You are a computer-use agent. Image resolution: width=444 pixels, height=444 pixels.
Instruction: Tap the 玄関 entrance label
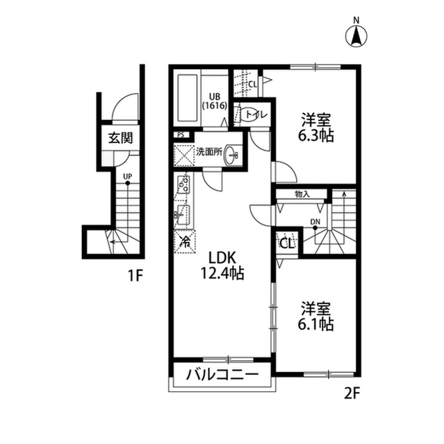[x=120, y=138]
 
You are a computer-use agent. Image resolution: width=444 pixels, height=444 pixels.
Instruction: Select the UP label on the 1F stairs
[x=128, y=177]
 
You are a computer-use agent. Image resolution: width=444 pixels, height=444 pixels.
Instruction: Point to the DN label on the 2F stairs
[x=315, y=222]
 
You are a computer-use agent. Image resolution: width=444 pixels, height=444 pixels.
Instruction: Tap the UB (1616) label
[x=214, y=101]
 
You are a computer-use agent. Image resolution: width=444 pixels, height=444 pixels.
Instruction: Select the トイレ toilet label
[x=256, y=114]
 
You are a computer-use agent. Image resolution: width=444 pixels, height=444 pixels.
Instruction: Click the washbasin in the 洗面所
[x=231, y=155]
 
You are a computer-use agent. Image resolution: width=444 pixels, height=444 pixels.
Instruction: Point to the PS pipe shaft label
[x=181, y=135]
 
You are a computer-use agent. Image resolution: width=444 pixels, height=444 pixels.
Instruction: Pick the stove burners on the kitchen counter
[x=183, y=184]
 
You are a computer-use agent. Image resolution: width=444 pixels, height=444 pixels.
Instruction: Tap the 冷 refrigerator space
[x=186, y=241]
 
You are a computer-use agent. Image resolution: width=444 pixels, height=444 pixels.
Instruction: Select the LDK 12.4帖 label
[x=222, y=266]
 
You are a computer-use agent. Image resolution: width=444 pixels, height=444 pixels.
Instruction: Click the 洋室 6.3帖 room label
[x=316, y=128]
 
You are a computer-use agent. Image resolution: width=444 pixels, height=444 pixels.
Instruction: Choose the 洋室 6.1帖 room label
[x=316, y=316]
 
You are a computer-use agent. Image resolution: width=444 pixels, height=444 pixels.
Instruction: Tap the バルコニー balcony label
[x=222, y=375]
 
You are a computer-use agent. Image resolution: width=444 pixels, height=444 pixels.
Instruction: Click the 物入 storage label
[x=302, y=194]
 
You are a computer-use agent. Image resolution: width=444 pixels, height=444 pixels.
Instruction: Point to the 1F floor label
[x=134, y=276]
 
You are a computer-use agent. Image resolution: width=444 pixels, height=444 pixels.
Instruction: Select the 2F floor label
[x=352, y=393]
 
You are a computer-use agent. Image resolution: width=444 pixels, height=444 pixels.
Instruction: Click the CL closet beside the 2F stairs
[x=287, y=244]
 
